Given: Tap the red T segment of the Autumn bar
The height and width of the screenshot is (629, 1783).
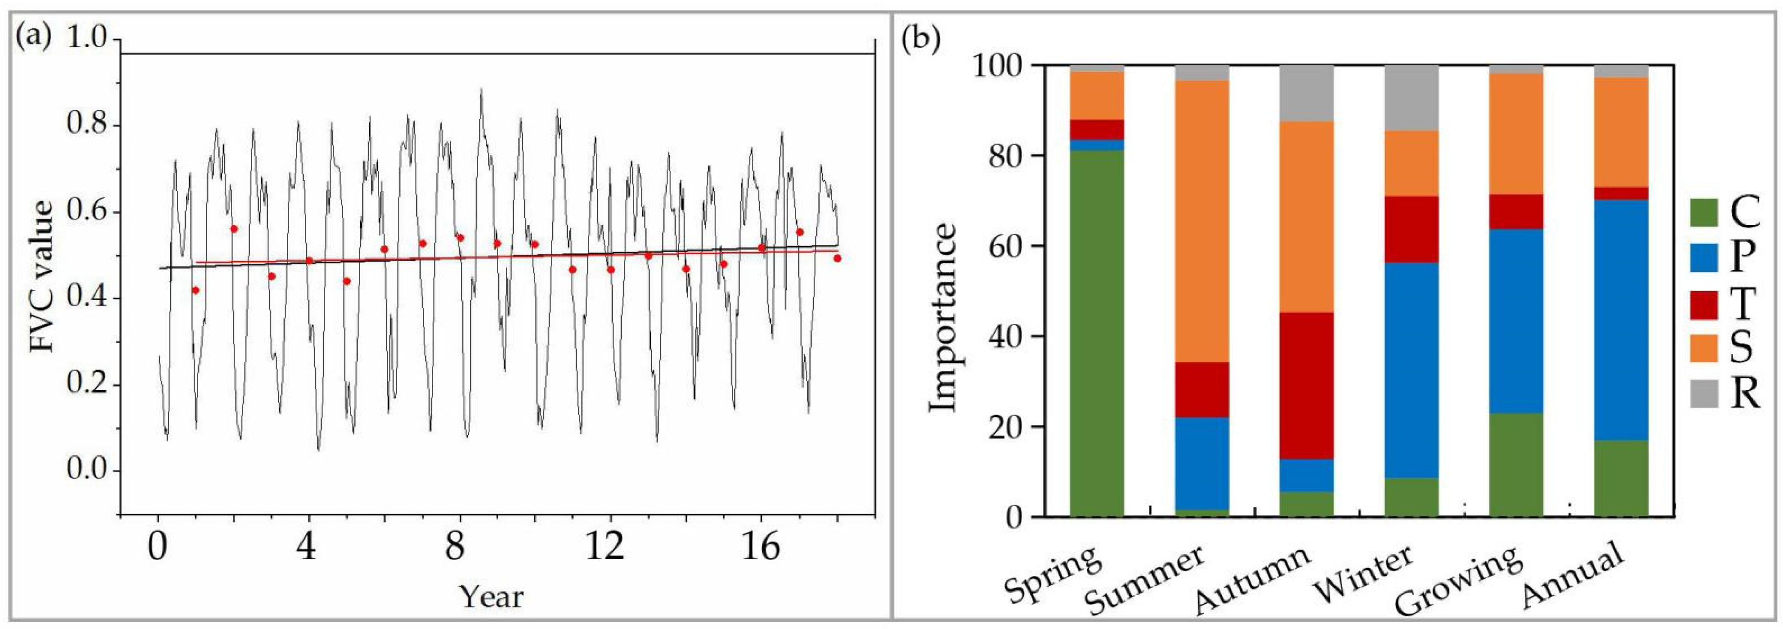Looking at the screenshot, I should [x=1307, y=386].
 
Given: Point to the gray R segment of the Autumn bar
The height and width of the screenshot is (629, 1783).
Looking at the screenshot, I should [x=1307, y=94].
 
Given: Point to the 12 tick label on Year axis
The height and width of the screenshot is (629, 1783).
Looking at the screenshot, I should [x=604, y=548].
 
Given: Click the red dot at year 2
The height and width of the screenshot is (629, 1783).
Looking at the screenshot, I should [x=234, y=229].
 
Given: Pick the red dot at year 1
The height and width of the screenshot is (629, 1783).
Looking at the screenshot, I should [x=196, y=290].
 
